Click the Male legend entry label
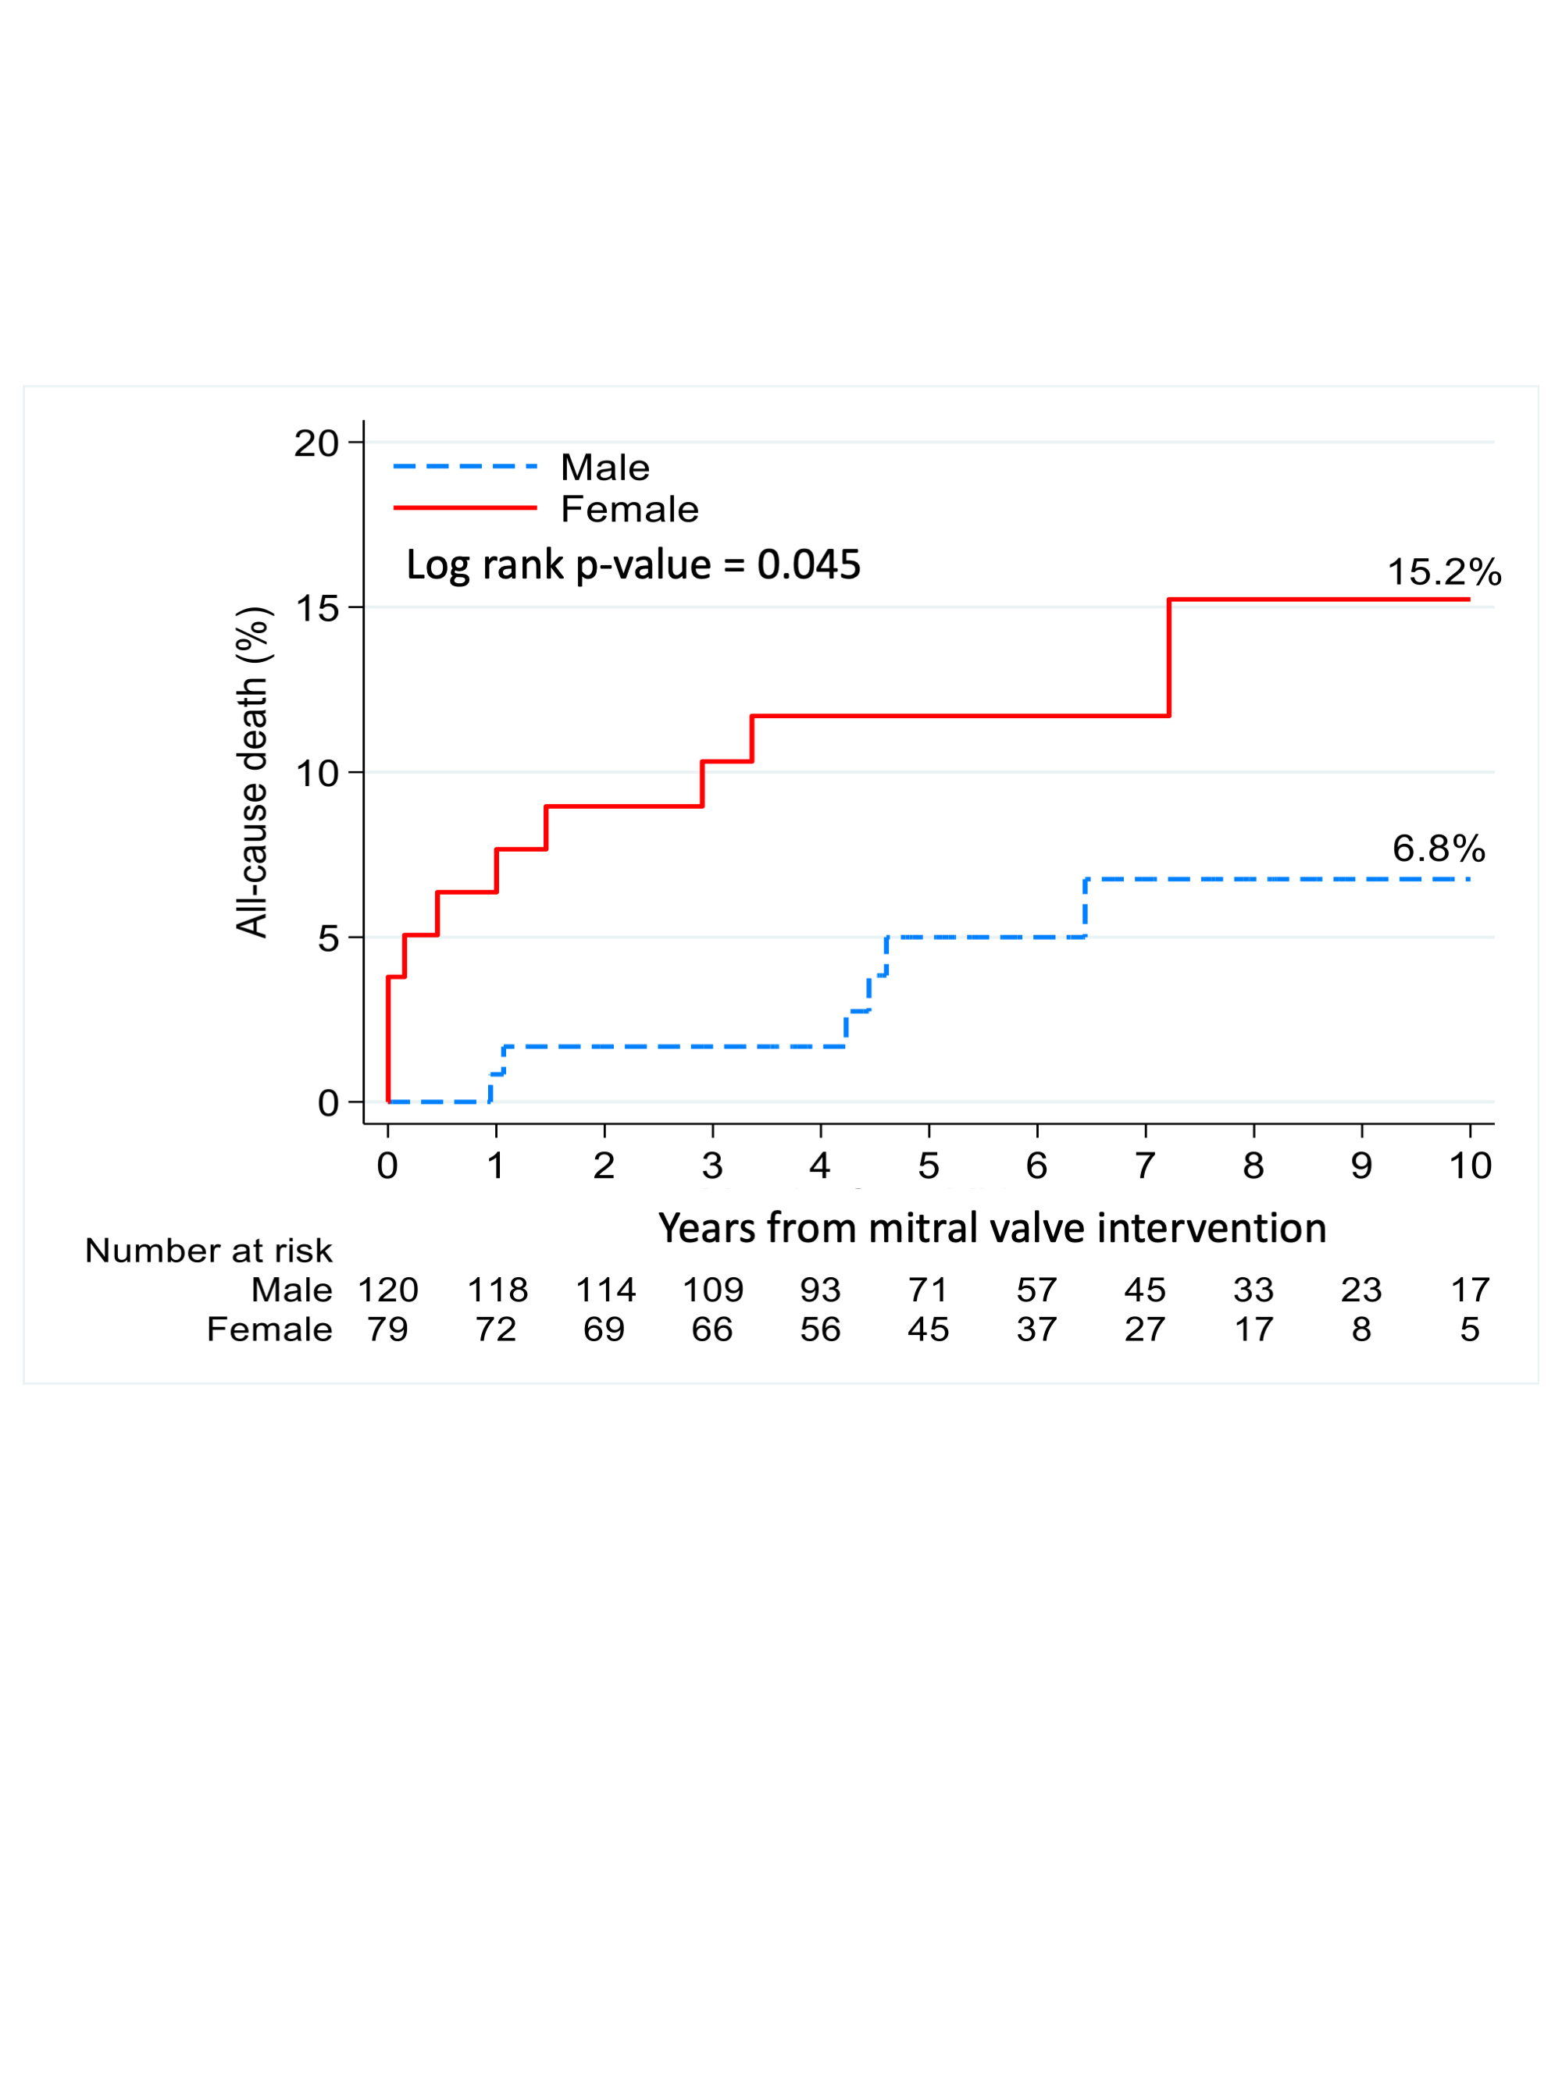(x=604, y=467)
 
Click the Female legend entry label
(x=629, y=509)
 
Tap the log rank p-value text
(x=633, y=564)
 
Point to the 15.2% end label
(x=1443, y=572)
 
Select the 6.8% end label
(x=1438, y=849)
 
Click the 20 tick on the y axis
(x=316, y=443)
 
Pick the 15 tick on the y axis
(x=316, y=608)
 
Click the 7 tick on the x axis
(x=1145, y=1166)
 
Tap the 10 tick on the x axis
(x=1470, y=1166)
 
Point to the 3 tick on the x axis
(x=711, y=1166)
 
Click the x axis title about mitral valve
(x=991, y=1228)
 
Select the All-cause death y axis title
(x=252, y=772)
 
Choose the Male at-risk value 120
(x=388, y=1290)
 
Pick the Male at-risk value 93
(x=820, y=1290)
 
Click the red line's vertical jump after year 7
(x=1168, y=658)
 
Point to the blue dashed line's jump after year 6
(x=1086, y=908)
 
